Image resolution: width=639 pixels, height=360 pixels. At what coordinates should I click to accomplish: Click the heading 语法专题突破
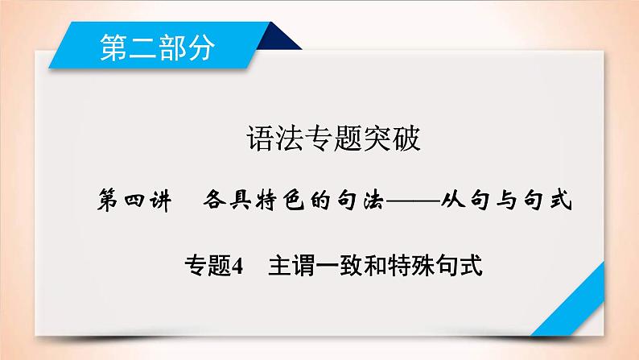click(320, 141)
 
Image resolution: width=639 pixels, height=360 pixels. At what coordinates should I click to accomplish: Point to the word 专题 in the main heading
click(320, 141)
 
